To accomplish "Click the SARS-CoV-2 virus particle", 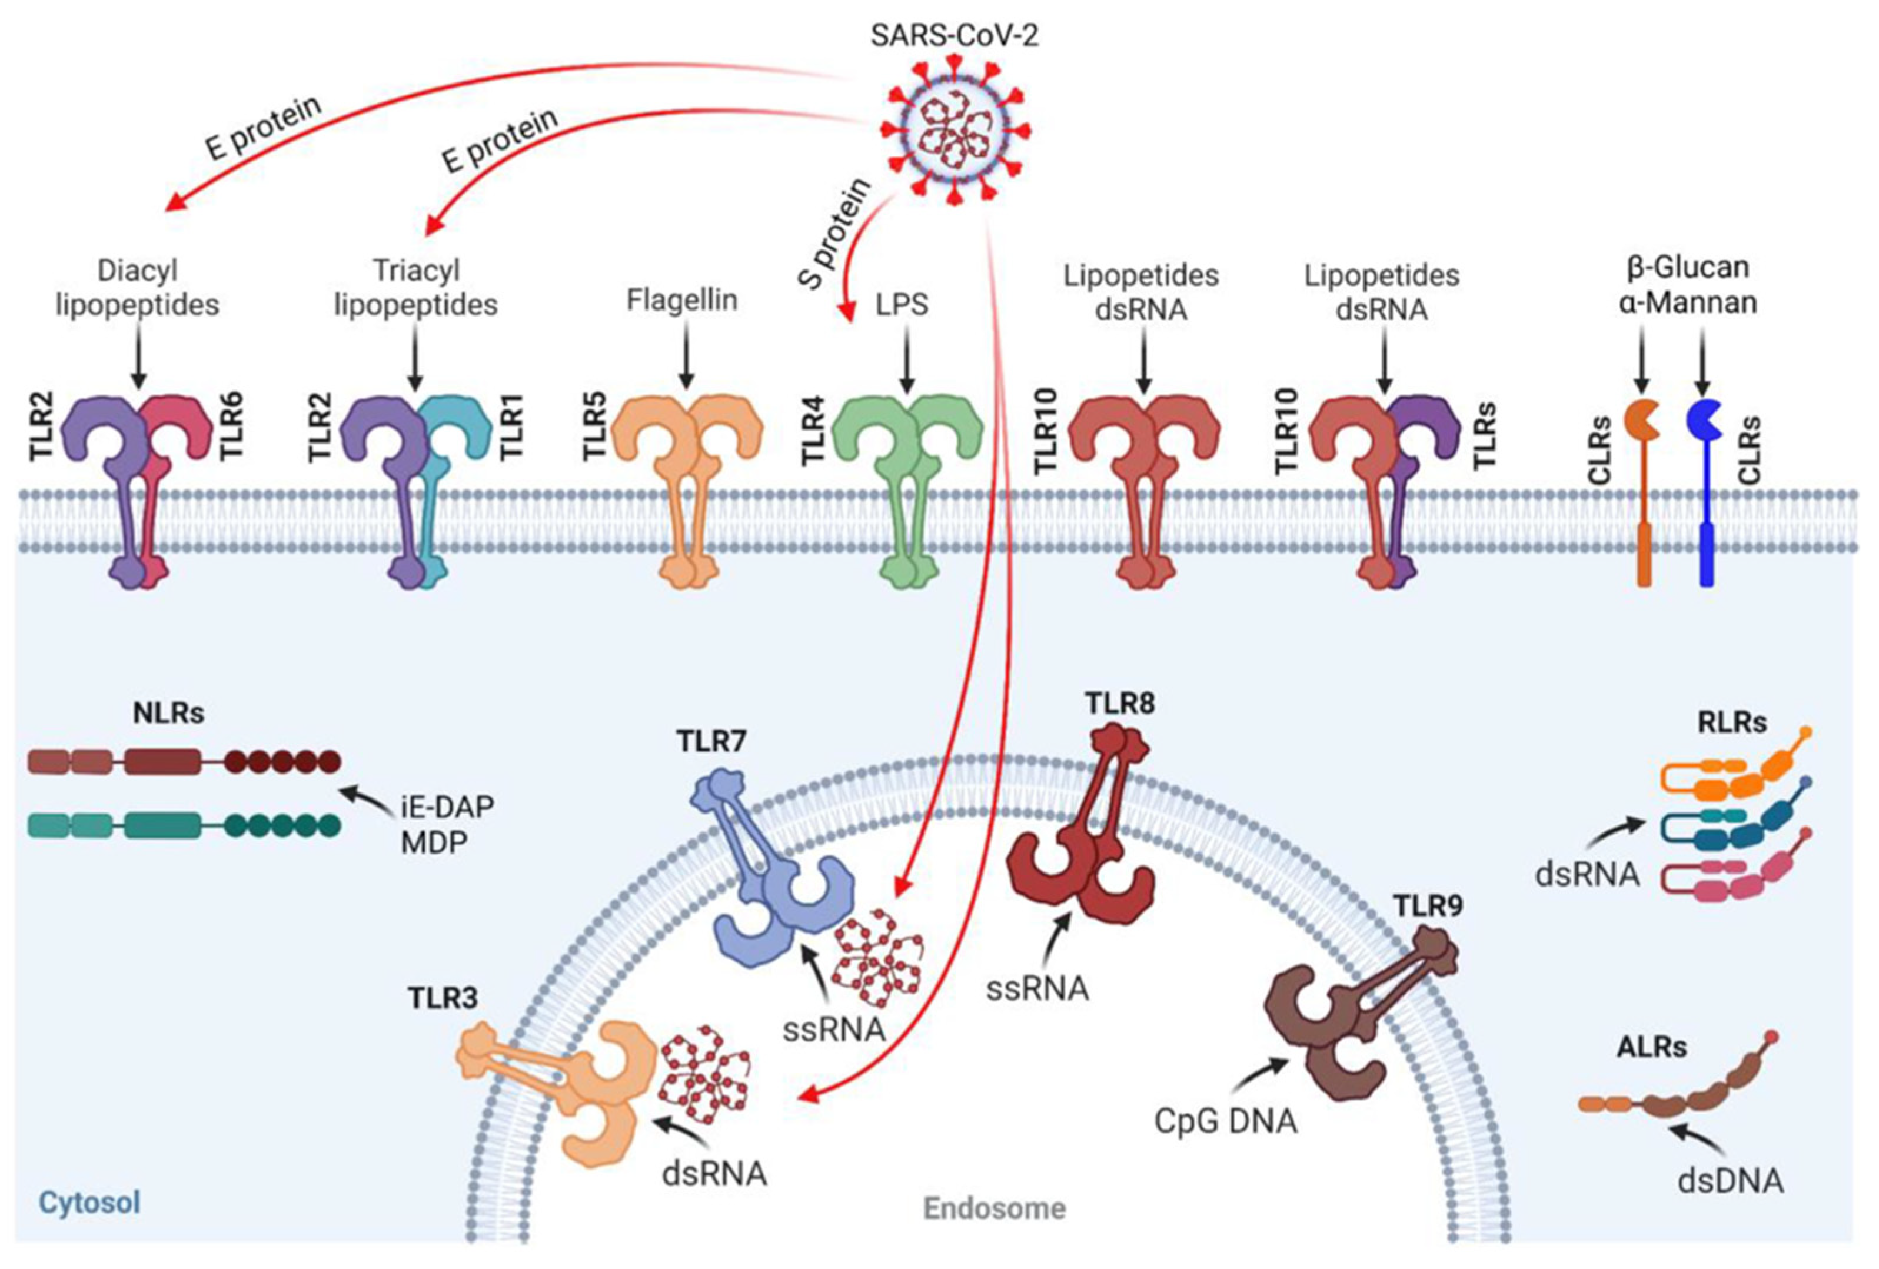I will pyautogui.click(x=954, y=129).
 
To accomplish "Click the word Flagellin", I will pyautogui.click(x=681, y=300).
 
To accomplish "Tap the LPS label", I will pyautogui.click(x=902, y=305).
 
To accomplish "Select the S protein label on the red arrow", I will pyautogui.click(x=834, y=234).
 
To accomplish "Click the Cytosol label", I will pyautogui.click(x=89, y=1202).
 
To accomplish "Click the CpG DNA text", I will pyautogui.click(x=1225, y=1121).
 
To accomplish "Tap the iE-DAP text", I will pyautogui.click(x=447, y=807).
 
